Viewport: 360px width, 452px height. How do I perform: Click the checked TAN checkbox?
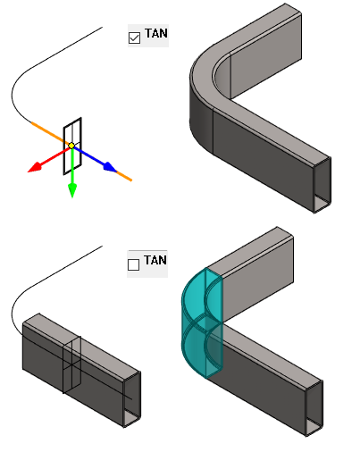pyautogui.click(x=134, y=38)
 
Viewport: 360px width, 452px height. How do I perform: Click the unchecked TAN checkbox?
pyautogui.click(x=133, y=264)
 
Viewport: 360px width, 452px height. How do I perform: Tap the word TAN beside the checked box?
pyautogui.click(x=156, y=33)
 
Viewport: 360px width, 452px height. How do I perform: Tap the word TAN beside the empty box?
pyautogui.click(x=155, y=260)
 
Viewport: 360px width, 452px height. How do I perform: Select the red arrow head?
pyautogui.click(x=35, y=167)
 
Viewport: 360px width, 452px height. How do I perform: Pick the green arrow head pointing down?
pyautogui.click(x=72, y=190)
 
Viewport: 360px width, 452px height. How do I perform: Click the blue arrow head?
pyautogui.click(x=110, y=167)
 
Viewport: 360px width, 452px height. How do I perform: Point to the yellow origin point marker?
pyautogui.click(x=71, y=146)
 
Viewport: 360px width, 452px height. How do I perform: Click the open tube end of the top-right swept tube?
pyautogui.click(x=322, y=185)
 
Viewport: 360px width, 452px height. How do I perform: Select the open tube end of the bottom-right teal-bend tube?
pyautogui.click(x=314, y=408)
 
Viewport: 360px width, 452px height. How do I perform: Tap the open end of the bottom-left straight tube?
pyautogui.click(x=132, y=399)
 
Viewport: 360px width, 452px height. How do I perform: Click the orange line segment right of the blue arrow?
pyautogui.click(x=124, y=176)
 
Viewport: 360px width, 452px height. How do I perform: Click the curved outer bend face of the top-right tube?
pyautogui.click(x=201, y=119)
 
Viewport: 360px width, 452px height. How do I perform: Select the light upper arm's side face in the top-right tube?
pyautogui.click(x=266, y=55)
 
